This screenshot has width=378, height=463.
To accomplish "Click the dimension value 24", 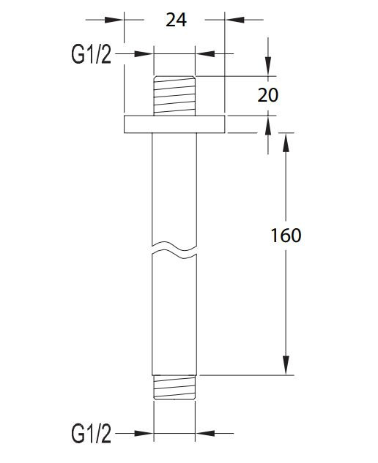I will (176, 20).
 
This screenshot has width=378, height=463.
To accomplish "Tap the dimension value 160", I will (286, 236).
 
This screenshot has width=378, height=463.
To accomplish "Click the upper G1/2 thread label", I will (92, 53).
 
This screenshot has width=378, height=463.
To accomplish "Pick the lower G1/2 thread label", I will (92, 434).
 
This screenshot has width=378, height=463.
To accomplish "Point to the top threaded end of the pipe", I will (174, 95).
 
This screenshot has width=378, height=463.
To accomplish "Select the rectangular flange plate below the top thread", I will (174, 124).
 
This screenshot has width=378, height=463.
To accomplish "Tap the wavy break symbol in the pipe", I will (174, 248).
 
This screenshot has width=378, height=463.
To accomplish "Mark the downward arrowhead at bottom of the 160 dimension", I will (284, 366).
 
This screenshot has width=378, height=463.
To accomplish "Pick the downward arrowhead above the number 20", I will (268, 67).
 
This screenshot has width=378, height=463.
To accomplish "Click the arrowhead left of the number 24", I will (116, 20).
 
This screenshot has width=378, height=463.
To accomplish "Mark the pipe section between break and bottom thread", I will (174, 315).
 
